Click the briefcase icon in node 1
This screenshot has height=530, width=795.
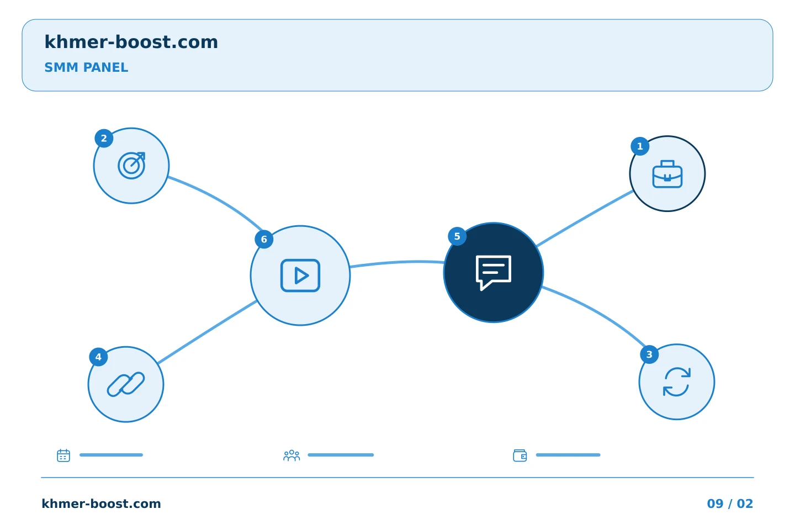[667, 174]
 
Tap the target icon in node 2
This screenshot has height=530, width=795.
[131, 166]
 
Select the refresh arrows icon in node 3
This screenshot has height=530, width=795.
[677, 382]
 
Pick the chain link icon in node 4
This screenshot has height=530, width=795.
[126, 384]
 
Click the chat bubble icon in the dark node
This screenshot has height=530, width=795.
[494, 273]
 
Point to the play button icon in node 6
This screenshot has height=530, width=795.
[300, 275]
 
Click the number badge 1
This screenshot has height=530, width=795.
[640, 146]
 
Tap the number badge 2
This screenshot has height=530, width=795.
[104, 139]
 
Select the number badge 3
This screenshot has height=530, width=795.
[649, 354]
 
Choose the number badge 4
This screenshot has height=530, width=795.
[98, 357]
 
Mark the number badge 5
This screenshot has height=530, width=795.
[457, 236]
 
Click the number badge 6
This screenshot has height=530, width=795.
[264, 239]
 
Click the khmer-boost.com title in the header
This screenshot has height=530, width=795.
[131, 42]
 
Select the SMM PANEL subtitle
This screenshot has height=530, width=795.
[86, 67]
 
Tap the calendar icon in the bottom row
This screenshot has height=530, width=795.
[63, 455]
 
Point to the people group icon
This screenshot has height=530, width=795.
[291, 455]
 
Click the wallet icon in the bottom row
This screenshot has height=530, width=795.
[520, 455]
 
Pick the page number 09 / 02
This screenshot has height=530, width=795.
[730, 504]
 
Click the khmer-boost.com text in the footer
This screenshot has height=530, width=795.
[101, 504]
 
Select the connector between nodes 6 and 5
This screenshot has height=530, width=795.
[397, 262]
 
